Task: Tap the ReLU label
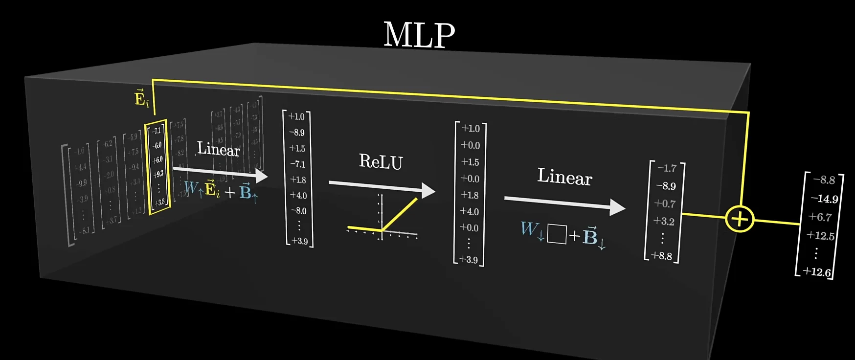tap(381, 161)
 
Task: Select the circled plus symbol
tap(739, 219)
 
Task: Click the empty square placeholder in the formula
tap(556, 234)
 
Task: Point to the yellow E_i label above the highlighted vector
tap(141, 98)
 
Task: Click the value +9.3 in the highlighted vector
tap(158, 174)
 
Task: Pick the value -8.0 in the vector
tap(298, 211)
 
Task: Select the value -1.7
tap(667, 168)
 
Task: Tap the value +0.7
tap(665, 203)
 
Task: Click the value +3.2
tap(664, 221)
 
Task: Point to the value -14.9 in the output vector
tap(824, 199)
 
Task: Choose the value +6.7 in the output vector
tap(820, 217)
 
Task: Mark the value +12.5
tap(820, 235)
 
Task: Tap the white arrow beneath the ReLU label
tap(382, 186)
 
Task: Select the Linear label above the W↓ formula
tap(564, 177)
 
